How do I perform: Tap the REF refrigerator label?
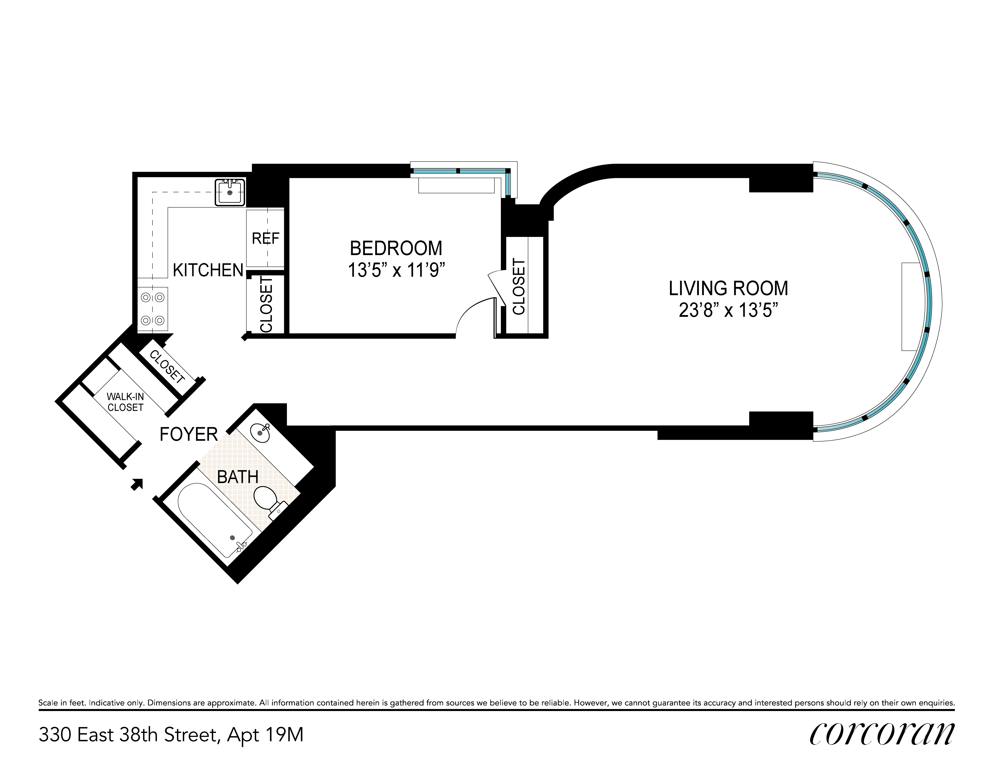[x=266, y=238]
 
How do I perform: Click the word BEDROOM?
[x=396, y=248]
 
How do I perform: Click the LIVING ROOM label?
[x=728, y=288]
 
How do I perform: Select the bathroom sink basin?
[x=261, y=432]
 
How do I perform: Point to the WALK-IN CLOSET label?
[x=126, y=402]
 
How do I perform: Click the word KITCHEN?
[x=208, y=270]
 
